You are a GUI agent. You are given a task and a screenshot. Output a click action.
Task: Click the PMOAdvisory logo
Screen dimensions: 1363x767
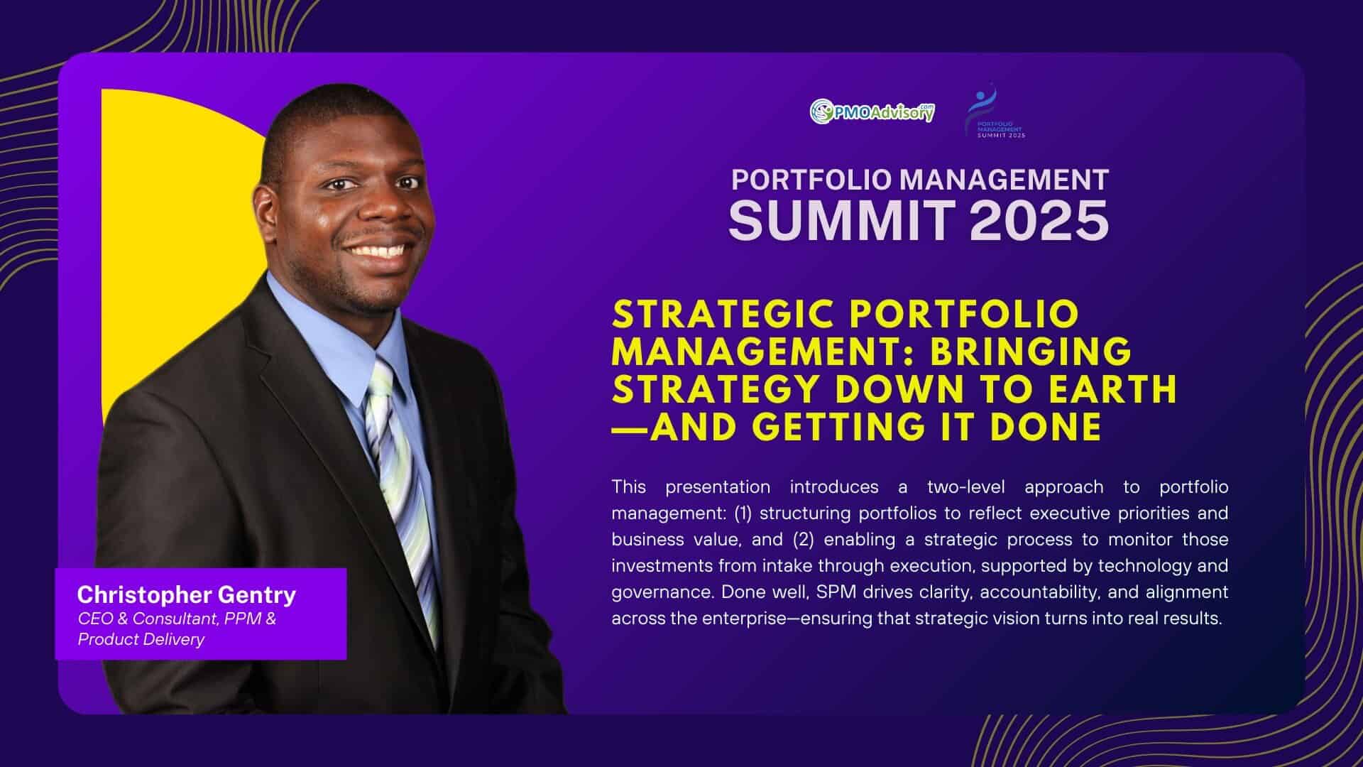[872, 111]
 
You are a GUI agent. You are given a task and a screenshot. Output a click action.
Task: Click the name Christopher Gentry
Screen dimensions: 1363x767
[187, 594]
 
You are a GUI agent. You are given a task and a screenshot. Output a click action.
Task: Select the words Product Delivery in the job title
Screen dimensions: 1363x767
[141, 639]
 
